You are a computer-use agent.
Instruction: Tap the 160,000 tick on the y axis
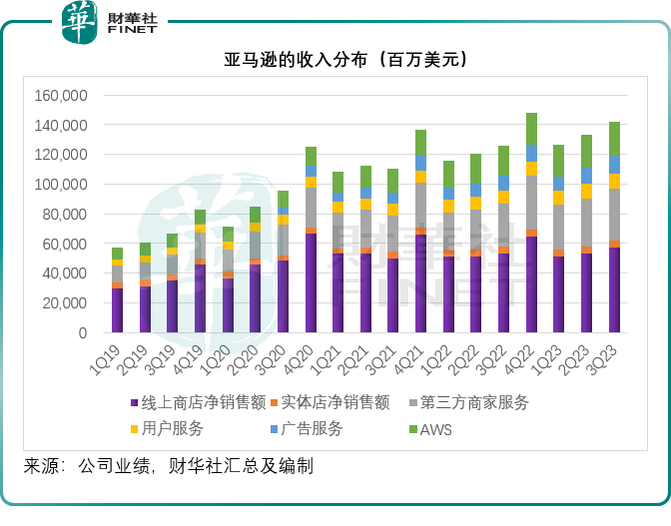pyautogui.click(x=61, y=96)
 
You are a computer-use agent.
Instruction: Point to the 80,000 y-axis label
pyautogui.click(x=65, y=215)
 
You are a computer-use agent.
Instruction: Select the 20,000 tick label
pyautogui.click(x=65, y=303)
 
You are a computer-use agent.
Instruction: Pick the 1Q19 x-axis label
pyautogui.click(x=112, y=358)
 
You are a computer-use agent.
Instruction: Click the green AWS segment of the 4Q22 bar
pyautogui.click(x=531, y=129)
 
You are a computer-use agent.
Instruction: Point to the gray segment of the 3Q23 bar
pyautogui.click(x=614, y=215)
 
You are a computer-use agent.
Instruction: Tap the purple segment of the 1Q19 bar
pyautogui.click(x=118, y=310)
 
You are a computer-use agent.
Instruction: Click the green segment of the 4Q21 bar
pyautogui.click(x=421, y=142)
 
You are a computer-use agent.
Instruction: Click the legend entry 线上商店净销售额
pyautogui.click(x=198, y=403)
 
